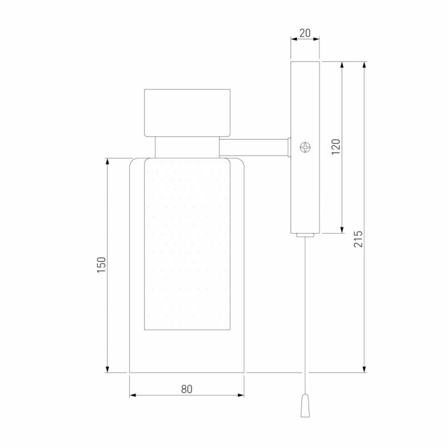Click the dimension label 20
tap(305, 33)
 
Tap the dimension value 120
tap(336, 147)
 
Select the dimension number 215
tap(358, 239)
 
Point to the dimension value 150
tap(101, 265)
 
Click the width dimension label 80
tap(187, 389)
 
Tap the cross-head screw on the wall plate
tap(305, 147)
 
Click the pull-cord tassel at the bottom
tap(305, 405)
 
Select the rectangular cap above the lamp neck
tap(187, 113)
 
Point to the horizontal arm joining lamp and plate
tap(254, 147)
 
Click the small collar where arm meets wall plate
tap(289, 147)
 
